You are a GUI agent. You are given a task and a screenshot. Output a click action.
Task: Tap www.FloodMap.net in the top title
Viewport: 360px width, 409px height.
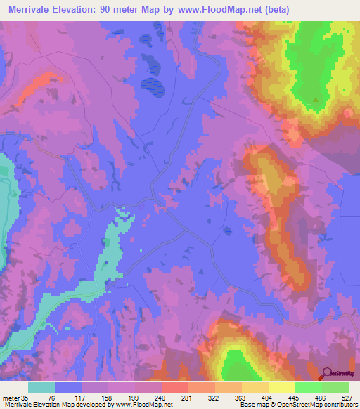tap(219, 10)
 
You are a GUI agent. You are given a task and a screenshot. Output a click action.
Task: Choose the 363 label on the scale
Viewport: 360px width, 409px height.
tap(255, 397)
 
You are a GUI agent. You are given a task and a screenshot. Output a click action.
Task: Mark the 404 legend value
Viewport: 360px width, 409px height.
tap(284, 397)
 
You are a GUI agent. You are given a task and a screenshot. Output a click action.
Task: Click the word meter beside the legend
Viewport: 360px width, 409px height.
tap(11, 397)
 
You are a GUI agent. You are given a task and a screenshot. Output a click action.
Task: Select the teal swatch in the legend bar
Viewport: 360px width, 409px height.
tap(41, 387)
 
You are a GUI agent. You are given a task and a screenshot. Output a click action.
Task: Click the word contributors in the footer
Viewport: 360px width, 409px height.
tap(340, 405)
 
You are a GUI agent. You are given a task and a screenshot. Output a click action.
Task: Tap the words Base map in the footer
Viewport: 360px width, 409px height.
tap(254, 405)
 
